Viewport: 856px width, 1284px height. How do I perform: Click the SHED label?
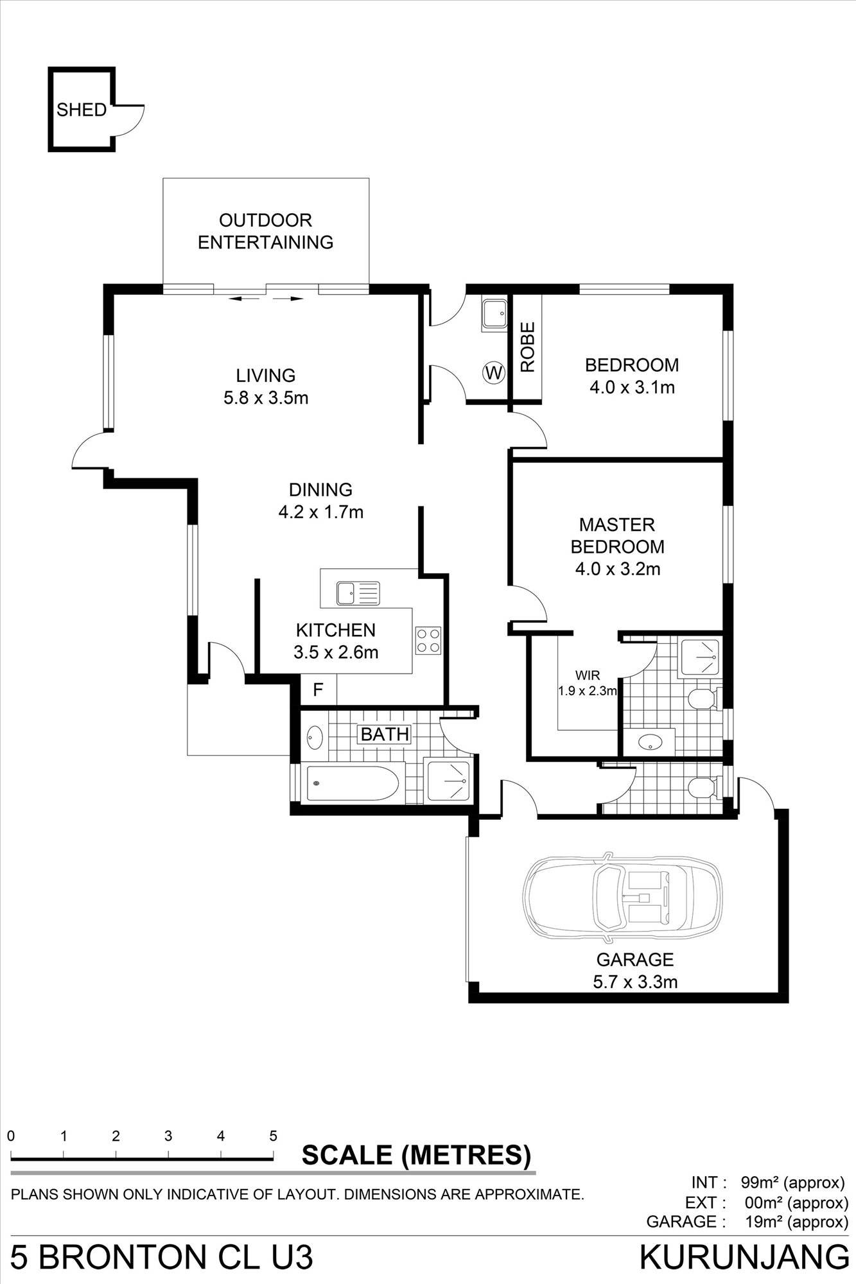81,110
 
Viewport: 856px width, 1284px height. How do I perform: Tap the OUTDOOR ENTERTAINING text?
265,231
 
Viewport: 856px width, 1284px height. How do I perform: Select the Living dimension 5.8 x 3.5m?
265,398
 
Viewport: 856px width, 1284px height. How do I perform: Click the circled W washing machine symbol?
494,372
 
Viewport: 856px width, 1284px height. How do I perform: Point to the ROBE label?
527,347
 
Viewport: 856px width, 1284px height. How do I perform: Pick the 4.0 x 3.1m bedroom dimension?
631,387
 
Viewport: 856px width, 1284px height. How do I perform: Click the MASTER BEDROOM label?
617,535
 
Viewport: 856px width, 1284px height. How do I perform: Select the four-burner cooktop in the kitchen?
428,640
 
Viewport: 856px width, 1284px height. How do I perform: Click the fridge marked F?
318,690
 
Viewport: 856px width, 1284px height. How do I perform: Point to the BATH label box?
384,734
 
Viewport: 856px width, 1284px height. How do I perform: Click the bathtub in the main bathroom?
353,783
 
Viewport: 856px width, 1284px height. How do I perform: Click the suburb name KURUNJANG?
744,1257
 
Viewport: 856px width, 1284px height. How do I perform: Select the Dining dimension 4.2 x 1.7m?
320,512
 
